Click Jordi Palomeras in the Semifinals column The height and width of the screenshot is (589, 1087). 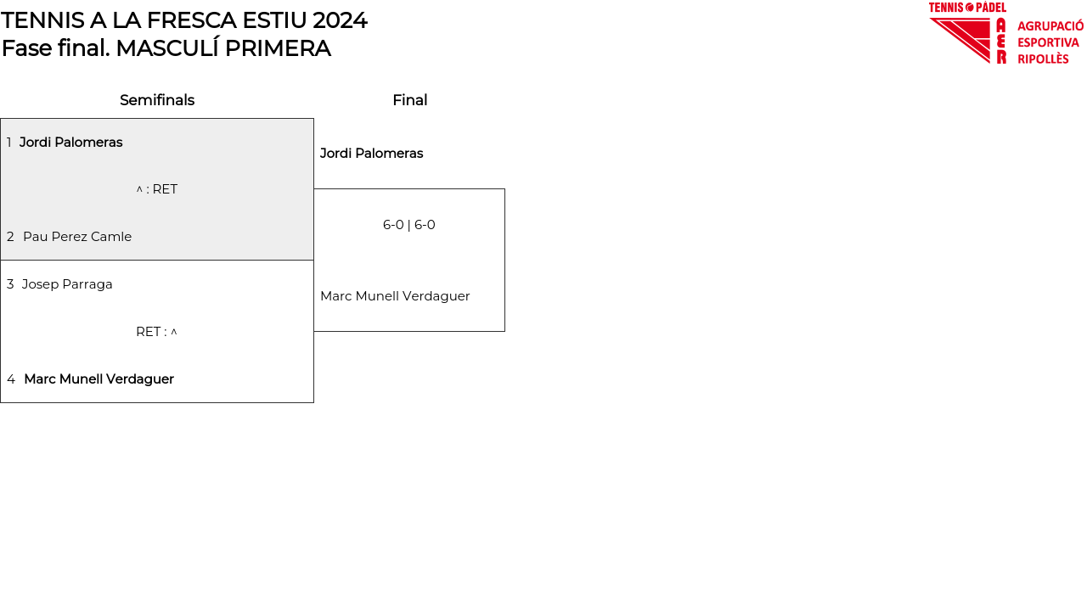(x=70, y=142)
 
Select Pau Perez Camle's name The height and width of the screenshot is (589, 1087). (x=77, y=236)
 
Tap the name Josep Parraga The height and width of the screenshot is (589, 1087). (x=67, y=283)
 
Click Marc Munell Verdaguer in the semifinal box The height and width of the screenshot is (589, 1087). (x=99, y=379)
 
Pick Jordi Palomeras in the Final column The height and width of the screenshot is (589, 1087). (x=371, y=154)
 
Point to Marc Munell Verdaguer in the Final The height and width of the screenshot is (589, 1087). (x=395, y=296)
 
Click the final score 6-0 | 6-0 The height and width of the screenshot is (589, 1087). (x=409, y=225)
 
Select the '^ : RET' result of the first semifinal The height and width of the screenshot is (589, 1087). (x=157, y=189)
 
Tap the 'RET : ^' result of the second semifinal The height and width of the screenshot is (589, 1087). (x=157, y=332)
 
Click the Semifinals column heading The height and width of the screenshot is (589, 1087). (x=157, y=100)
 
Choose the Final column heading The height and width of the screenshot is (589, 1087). (x=410, y=100)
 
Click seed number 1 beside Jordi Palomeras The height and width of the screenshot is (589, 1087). (x=8, y=142)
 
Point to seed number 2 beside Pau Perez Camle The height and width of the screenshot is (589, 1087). (x=10, y=236)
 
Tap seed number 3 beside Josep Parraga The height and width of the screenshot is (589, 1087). (x=10, y=283)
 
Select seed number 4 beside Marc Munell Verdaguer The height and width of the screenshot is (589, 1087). (x=11, y=379)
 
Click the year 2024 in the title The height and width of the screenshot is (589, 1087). (x=340, y=20)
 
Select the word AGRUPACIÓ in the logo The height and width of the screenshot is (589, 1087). (x=1050, y=25)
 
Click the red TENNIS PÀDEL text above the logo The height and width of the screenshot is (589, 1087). (x=967, y=8)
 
